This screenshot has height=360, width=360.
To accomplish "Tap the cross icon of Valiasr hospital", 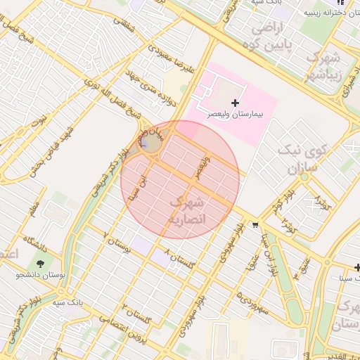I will (x=235, y=103).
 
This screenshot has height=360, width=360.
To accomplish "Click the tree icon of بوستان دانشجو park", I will (x=43, y=264).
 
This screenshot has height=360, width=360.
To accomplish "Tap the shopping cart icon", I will (x=255, y=225).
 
